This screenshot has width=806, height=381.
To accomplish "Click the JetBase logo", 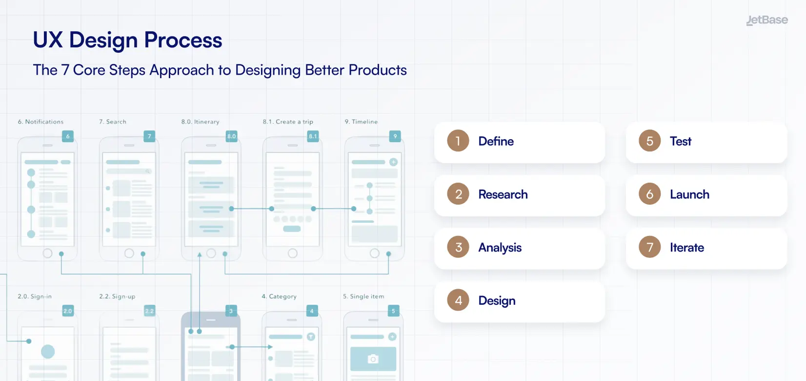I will click(x=767, y=20).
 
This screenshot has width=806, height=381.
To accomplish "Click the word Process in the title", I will click(x=183, y=40).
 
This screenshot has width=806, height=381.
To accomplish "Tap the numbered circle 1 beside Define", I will click(x=458, y=141).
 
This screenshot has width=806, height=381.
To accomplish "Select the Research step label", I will click(x=503, y=194).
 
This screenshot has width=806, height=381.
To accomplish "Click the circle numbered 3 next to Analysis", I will click(x=458, y=247).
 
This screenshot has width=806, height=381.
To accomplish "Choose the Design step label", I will click(x=497, y=300).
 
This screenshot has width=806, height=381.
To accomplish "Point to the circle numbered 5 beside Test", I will click(x=649, y=141).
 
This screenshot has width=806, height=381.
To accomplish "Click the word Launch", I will click(x=689, y=194).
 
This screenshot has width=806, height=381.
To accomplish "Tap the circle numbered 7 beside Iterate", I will click(x=649, y=247).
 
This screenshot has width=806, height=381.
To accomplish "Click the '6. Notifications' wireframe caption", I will click(x=40, y=122).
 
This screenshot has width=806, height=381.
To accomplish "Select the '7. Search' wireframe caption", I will click(x=113, y=122).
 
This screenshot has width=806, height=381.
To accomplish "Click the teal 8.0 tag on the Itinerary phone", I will click(x=231, y=136).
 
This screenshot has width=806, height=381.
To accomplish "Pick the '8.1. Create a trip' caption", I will click(x=288, y=122).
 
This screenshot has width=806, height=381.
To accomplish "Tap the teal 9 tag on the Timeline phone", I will click(x=395, y=136).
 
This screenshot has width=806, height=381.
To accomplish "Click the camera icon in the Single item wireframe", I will click(x=373, y=359).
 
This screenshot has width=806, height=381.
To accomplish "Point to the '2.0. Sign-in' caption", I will click(x=35, y=296).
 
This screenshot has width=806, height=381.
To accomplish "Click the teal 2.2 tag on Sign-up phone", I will click(x=149, y=311).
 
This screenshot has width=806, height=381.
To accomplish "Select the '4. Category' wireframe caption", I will click(x=279, y=296).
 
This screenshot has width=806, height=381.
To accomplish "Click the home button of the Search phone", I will click(x=129, y=253).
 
